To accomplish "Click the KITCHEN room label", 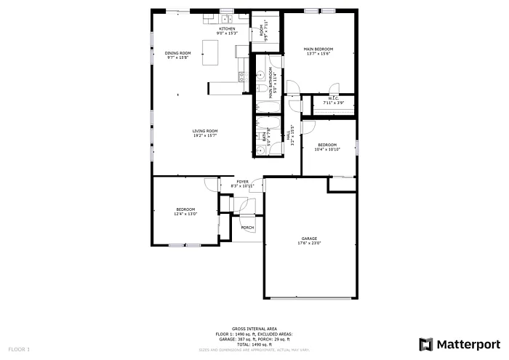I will tap(226, 28).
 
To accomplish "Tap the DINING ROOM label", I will tap(177, 52).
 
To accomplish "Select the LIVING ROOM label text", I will tap(205, 131).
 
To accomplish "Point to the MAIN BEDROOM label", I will tap(318, 49).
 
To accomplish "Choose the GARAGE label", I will tap(309, 238).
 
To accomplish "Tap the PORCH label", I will tap(247, 228).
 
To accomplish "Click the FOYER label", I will tap(242, 182).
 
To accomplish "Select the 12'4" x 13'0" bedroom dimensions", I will tap(185, 215).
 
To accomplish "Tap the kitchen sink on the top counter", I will tap(226, 19).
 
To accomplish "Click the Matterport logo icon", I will tap(426, 343).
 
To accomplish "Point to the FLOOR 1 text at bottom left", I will tap(18, 350).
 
